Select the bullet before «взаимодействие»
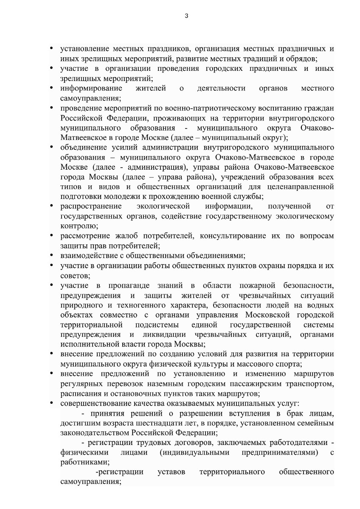(x=51, y=255)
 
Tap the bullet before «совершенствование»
(x=51, y=403)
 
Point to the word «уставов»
(x=171, y=472)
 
